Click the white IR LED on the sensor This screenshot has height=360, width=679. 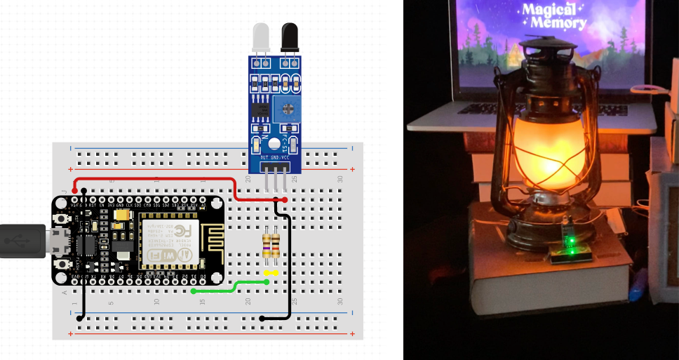260,36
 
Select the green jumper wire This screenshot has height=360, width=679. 231,286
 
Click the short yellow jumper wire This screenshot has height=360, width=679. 271,272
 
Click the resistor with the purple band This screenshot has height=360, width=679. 267,246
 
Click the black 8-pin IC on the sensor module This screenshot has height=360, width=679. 259,110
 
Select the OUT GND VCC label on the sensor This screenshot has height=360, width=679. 274,159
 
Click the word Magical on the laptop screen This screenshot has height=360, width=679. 549,9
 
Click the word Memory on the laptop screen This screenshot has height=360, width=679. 558,23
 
